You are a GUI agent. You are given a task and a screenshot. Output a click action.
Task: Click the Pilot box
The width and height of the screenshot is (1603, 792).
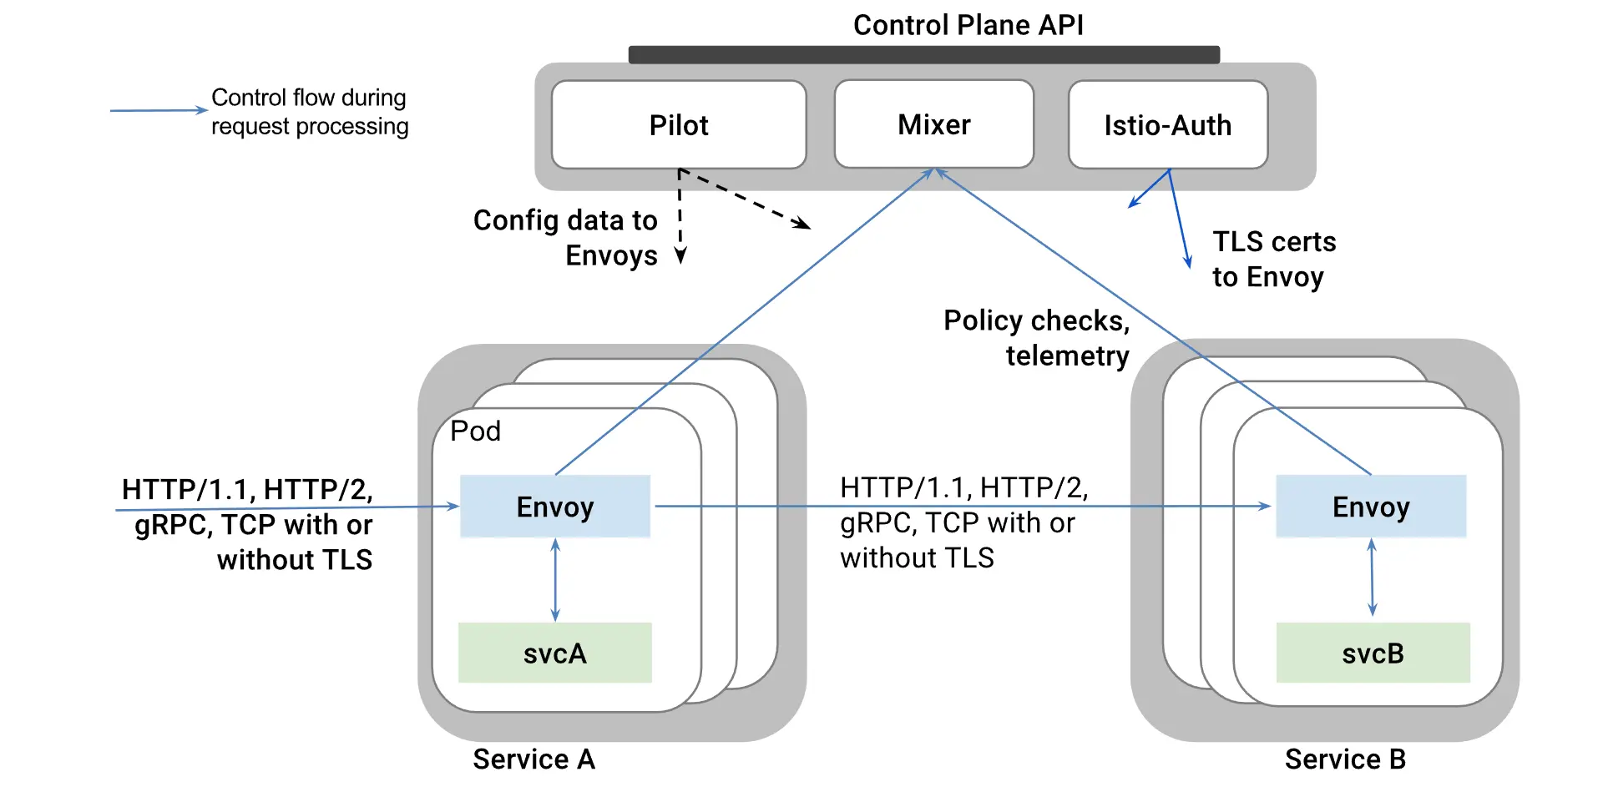tap(679, 125)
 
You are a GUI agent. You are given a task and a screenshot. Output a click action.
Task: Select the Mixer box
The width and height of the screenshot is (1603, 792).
tap(933, 124)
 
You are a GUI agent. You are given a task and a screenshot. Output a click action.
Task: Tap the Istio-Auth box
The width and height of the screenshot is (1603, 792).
tap(1167, 125)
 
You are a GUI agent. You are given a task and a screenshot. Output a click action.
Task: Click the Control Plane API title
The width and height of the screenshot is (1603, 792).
tap(968, 25)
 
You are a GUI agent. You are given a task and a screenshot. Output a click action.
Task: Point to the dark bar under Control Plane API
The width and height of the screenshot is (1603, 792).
tap(923, 55)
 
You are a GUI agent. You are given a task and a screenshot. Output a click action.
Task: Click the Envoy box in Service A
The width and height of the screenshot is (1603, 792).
tap(555, 507)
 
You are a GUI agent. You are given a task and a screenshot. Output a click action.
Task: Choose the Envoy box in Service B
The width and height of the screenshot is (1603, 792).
tap(1371, 507)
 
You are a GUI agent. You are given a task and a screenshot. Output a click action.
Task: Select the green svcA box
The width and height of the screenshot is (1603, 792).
tap(555, 653)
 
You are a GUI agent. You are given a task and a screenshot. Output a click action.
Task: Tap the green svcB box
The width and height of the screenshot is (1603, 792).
tap(1373, 653)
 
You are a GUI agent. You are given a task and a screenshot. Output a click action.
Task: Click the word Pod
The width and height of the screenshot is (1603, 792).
tap(475, 431)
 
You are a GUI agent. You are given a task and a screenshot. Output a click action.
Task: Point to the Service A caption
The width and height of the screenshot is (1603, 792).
tap(533, 759)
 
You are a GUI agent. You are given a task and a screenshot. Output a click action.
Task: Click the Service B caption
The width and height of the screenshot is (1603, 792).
tap(1345, 759)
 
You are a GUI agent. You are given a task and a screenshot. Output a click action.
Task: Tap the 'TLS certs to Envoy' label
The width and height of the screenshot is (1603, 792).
tap(1274, 259)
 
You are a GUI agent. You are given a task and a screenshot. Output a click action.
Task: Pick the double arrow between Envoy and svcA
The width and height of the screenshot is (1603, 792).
tap(555, 580)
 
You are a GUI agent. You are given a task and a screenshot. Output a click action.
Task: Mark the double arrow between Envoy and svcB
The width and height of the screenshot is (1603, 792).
tap(1372, 578)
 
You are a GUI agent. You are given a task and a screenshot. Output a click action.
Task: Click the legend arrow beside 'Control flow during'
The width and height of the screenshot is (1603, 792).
tap(159, 110)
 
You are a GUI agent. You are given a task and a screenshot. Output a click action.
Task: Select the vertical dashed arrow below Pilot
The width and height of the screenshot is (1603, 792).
tap(680, 217)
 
